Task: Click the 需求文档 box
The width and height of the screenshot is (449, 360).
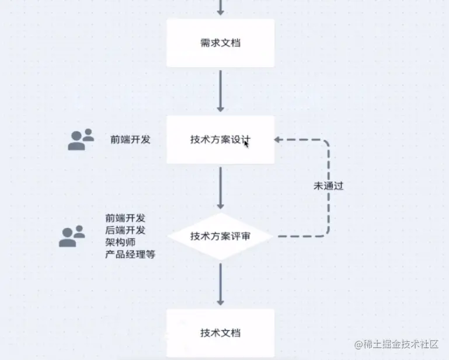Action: pyautogui.click(x=220, y=43)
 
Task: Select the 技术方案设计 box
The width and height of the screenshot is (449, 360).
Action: pyautogui.click(x=220, y=139)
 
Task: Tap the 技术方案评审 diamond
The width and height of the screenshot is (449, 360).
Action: pyautogui.click(x=220, y=236)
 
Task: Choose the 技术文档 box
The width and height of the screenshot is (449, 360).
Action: pyautogui.click(x=220, y=333)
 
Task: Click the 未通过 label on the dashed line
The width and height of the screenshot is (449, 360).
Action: pyautogui.click(x=328, y=186)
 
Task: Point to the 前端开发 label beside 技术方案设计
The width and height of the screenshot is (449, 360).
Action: pyautogui.click(x=131, y=139)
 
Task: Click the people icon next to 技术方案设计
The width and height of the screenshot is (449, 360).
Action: pyautogui.click(x=81, y=139)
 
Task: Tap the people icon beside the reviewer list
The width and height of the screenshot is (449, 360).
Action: pyautogui.click(x=72, y=236)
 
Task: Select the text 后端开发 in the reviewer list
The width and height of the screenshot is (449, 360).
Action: pyautogui.click(x=126, y=230)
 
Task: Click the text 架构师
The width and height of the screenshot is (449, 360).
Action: pyautogui.click(x=121, y=242)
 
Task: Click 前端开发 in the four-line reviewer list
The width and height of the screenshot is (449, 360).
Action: pyautogui.click(x=126, y=218)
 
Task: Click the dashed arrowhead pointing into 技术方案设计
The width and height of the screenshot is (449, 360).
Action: pyautogui.click(x=278, y=140)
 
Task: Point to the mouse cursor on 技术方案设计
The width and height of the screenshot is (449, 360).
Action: pyautogui.click(x=246, y=143)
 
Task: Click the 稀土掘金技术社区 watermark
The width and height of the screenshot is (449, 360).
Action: pyautogui.click(x=401, y=344)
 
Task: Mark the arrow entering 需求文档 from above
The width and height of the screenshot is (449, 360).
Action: pyautogui.click(x=220, y=8)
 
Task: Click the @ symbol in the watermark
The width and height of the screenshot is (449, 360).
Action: pyautogui.click(x=358, y=344)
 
